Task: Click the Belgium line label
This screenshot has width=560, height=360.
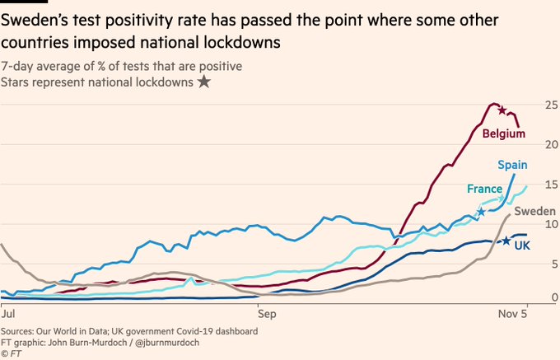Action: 504,133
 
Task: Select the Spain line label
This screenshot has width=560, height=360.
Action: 512,165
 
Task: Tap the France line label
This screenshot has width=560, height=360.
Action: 485,189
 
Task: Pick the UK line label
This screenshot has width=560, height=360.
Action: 522,245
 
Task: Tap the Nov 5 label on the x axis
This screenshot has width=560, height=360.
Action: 515,313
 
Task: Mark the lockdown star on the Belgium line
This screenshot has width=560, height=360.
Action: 502,110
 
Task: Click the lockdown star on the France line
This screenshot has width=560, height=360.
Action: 481,212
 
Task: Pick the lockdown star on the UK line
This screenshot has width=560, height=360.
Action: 506,241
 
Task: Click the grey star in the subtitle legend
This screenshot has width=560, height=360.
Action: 203,82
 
